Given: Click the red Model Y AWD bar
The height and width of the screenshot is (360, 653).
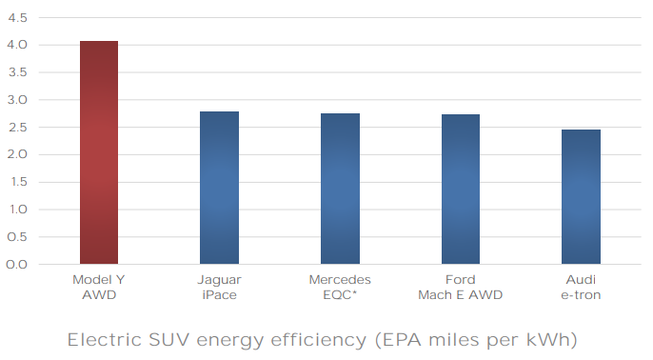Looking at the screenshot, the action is pyautogui.click(x=99, y=152).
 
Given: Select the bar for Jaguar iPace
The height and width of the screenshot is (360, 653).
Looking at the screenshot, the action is pyautogui.click(x=220, y=188).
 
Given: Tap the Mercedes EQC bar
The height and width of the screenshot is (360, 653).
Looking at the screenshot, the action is pyautogui.click(x=340, y=189).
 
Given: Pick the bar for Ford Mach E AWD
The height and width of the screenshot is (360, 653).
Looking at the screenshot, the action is pyautogui.click(x=461, y=190).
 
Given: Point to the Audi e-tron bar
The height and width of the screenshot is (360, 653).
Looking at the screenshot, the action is pyautogui.click(x=581, y=196).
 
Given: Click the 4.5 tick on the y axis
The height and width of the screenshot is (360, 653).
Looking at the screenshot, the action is pyautogui.click(x=17, y=18).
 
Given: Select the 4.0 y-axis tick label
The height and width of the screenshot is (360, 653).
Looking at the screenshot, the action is pyautogui.click(x=17, y=45).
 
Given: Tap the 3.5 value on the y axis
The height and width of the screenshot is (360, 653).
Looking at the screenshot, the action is pyautogui.click(x=17, y=72).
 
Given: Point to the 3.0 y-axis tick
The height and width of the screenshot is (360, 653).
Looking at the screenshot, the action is pyautogui.click(x=17, y=100).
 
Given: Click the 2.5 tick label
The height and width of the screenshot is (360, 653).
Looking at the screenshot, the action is pyautogui.click(x=17, y=127).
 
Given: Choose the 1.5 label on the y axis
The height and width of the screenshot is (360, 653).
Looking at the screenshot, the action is pyautogui.click(x=18, y=182).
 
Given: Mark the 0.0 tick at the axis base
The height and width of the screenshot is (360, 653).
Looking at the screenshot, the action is pyautogui.click(x=17, y=265).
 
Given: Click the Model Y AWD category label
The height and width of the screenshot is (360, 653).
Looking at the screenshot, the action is pyautogui.click(x=99, y=287).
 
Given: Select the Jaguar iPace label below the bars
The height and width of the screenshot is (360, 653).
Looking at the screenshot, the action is pyautogui.click(x=220, y=287).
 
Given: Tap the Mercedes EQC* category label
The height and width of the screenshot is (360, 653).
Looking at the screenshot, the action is pyautogui.click(x=340, y=287).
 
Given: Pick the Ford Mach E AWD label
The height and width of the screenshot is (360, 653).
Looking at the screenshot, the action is pyautogui.click(x=460, y=287).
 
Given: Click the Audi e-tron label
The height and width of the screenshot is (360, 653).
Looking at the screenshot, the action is pyautogui.click(x=581, y=287).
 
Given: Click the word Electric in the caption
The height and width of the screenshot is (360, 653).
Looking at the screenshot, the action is pyautogui.click(x=105, y=340).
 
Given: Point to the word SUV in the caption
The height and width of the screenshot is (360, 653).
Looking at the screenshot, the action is pyautogui.click(x=169, y=340).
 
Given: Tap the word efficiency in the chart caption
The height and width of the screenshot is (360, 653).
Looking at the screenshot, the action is pyautogui.click(x=319, y=341).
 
